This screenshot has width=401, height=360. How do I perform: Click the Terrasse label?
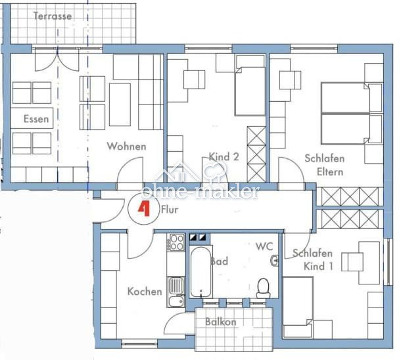pyautogui.click(x=53, y=16)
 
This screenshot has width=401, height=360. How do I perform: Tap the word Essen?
pyautogui.click(x=36, y=119)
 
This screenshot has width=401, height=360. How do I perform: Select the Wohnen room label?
pyautogui.click(x=127, y=146)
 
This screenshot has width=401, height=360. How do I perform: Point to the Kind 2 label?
pyautogui.click(x=224, y=156)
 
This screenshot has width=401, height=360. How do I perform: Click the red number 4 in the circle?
pyautogui.click(x=144, y=208)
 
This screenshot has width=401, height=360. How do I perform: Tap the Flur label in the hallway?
pyautogui.click(x=170, y=210)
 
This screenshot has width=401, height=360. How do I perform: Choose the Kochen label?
pyautogui.click(x=145, y=292)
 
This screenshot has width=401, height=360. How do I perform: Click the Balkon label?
pyautogui.click(x=221, y=322)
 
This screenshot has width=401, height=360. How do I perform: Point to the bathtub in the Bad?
pyautogui.click(x=200, y=272)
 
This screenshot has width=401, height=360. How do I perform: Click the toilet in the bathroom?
pyautogui.click(x=264, y=288)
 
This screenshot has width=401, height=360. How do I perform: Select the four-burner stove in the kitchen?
pyautogui.click(x=176, y=242)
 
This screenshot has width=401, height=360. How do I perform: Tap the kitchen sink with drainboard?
pyautogui.click(x=176, y=292)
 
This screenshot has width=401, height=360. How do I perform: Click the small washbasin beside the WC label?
pyautogui.click(x=274, y=261)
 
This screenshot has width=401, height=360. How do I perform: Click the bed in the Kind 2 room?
pyautogui.click(x=250, y=85)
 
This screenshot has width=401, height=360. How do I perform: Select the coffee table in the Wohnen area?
pyautogui.click(x=120, y=104)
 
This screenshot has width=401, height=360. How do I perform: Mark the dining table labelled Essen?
pyautogui.click(x=32, y=118)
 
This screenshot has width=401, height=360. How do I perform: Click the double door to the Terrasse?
pyautogui.click(x=57, y=59)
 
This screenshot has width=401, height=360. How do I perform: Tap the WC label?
pyautogui.click(x=264, y=246)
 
